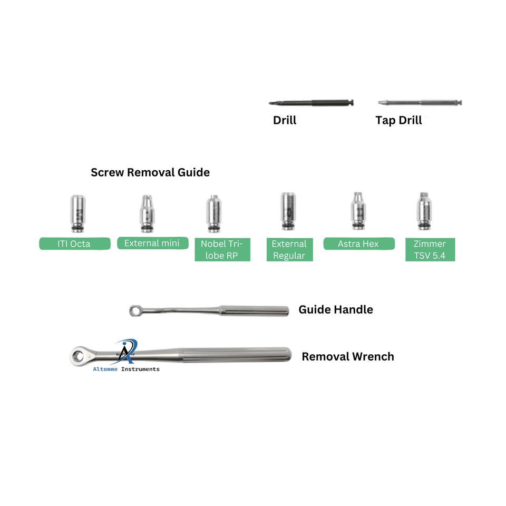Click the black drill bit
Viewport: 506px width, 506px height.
(311, 103)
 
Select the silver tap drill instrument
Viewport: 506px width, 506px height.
(420, 102)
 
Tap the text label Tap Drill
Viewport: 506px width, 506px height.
(398, 120)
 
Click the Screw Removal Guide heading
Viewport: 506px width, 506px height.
(150, 172)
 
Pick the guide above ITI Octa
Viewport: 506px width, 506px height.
(75, 213)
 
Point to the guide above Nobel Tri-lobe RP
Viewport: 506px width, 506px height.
(213, 213)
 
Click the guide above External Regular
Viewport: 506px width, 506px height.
(288, 211)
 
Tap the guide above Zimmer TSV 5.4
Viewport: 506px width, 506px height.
(424, 211)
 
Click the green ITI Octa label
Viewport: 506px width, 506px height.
(75, 244)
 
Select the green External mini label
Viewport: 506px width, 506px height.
(152, 243)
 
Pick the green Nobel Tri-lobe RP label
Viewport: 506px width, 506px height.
(222, 249)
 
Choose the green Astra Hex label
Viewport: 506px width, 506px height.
(358, 244)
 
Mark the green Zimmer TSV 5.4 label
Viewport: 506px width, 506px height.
(430, 249)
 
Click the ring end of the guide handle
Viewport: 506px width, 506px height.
(135, 311)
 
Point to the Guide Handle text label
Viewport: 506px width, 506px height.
(336, 309)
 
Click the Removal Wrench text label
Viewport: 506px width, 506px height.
(348, 356)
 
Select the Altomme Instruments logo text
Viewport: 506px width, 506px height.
(126, 369)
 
